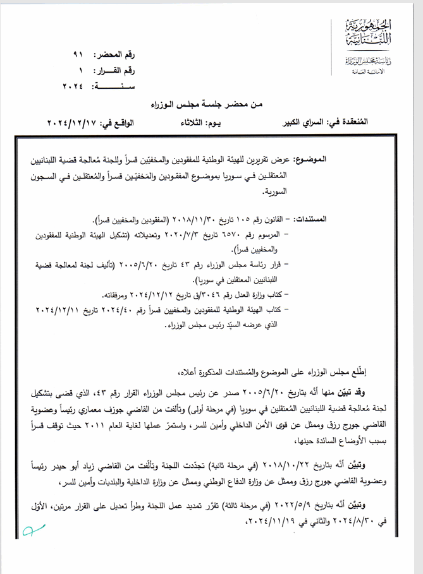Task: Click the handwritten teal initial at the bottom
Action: (x=29, y=534)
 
